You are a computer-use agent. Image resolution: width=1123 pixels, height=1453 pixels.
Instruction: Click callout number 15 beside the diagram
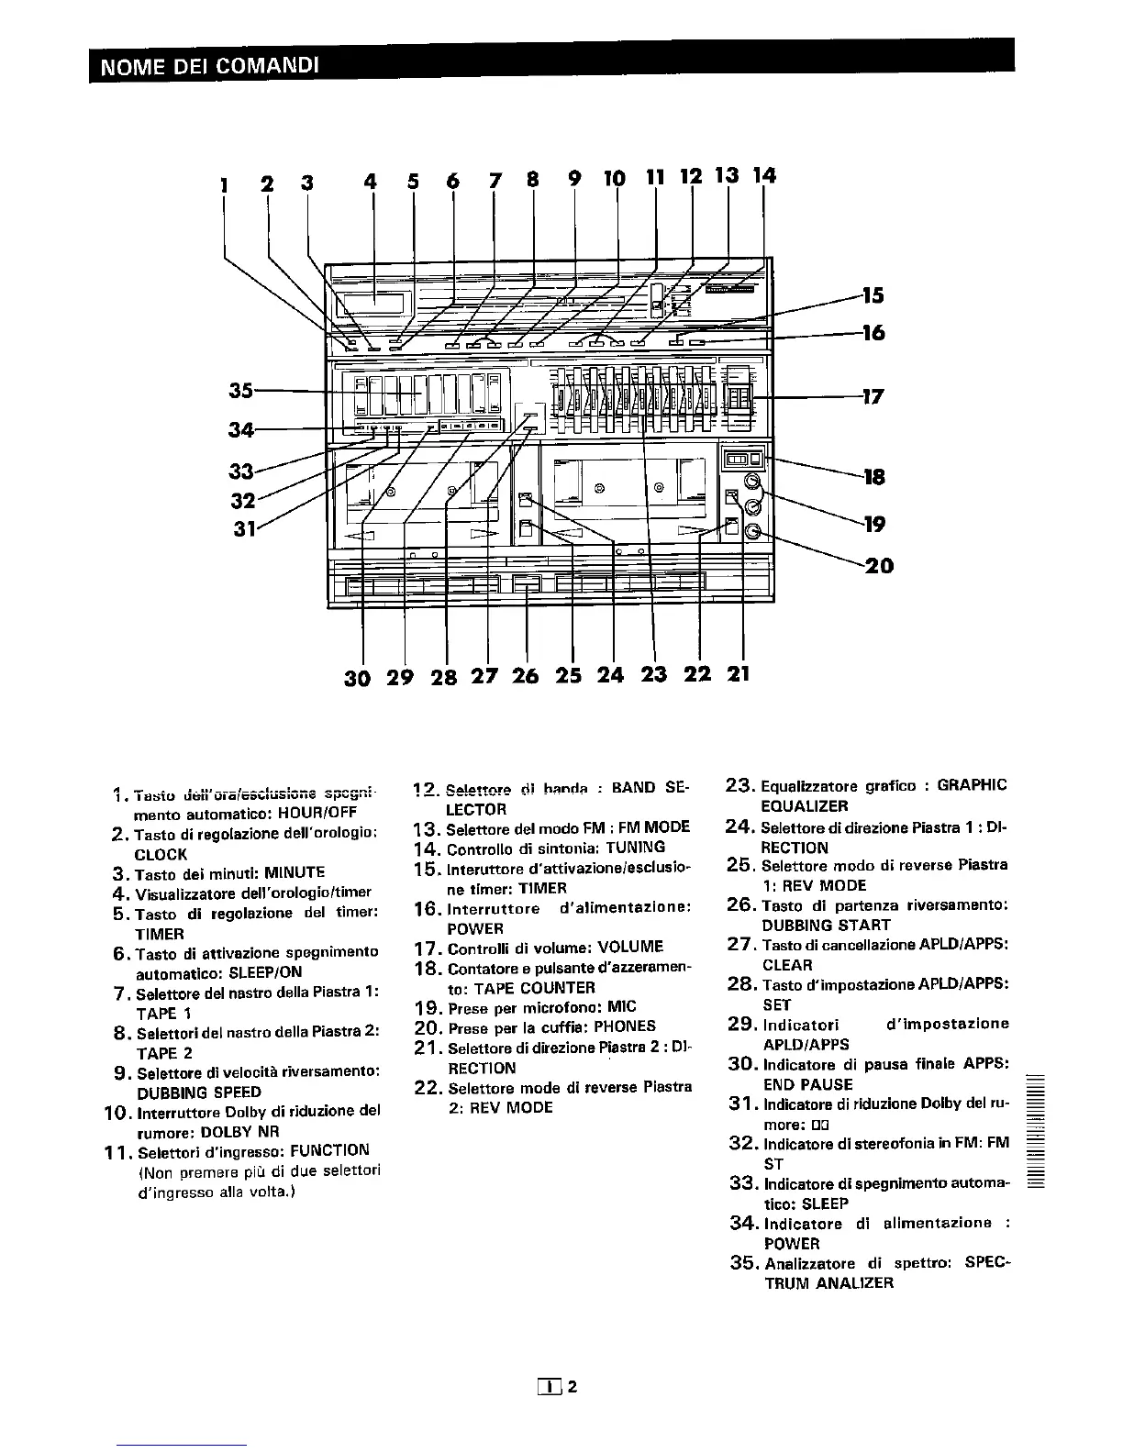pos(873,294)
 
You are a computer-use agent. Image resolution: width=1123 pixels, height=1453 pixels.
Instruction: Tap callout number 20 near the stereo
pos(879,565)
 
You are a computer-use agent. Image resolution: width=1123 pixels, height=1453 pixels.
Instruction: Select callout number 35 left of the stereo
pos(242,390)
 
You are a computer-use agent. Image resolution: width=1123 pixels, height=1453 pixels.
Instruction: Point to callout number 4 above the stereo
pos(371,182)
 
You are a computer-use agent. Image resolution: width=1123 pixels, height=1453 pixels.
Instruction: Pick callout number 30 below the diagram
pos(358,677)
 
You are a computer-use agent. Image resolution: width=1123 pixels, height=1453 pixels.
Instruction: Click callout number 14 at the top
pos(763,175)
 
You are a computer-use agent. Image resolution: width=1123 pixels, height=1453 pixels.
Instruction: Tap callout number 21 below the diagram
pos(739,673)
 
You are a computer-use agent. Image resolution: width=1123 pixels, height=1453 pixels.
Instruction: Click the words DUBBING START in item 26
pos(826,925)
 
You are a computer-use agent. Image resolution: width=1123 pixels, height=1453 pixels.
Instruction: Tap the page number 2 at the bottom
pos(571,1387)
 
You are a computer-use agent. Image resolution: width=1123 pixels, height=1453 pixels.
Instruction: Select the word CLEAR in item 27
pos(787,965)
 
